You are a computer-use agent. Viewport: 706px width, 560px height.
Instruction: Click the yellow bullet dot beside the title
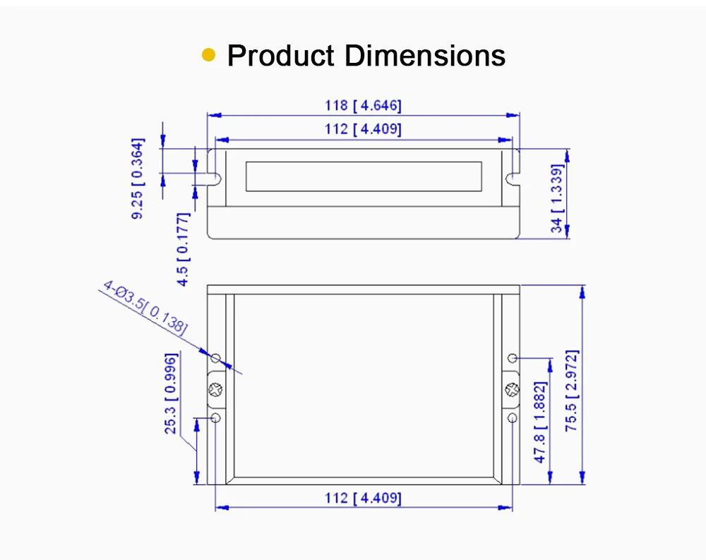[x=208, y=55]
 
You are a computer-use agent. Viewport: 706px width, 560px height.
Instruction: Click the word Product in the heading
[x=280, y=56]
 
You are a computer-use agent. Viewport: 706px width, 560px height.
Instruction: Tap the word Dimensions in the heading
[x=424, y=56]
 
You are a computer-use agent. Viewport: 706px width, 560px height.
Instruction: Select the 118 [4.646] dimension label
[x=363, y=105]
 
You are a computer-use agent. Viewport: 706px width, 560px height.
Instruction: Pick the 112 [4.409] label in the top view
[x=363, y=129]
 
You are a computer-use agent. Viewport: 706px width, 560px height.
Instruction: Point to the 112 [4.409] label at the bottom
[x=363, y=499]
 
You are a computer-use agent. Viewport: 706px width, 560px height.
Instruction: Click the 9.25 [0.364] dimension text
[x=138, y=179]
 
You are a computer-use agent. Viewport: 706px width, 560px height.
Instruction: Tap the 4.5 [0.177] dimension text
[x=183, y=249]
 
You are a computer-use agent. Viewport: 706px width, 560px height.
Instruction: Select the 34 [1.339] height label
[x=557, y=198]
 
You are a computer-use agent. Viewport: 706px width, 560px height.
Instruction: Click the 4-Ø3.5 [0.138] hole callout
[x=145, y=307]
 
